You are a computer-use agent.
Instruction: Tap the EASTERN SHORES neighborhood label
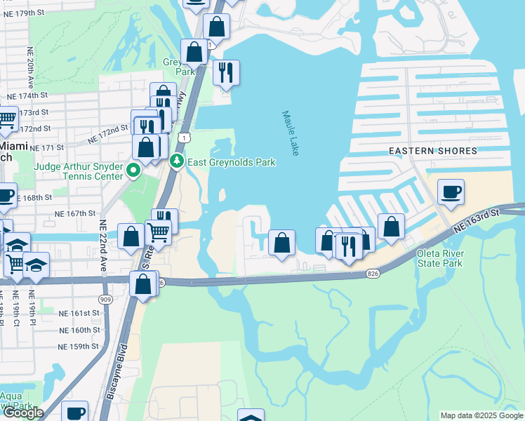[434, 151]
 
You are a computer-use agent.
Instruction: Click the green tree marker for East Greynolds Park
[178, 162]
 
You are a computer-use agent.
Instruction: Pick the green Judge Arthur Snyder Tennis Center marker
[132, 171]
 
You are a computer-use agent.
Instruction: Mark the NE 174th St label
[27, 95]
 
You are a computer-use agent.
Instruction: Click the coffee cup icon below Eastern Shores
[451, 191]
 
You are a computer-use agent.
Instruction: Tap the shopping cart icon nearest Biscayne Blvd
[159, 231]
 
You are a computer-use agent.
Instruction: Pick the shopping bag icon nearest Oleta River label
[391, 227]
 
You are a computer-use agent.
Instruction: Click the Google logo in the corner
[23, 413]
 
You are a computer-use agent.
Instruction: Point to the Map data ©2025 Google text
[481, 415]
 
